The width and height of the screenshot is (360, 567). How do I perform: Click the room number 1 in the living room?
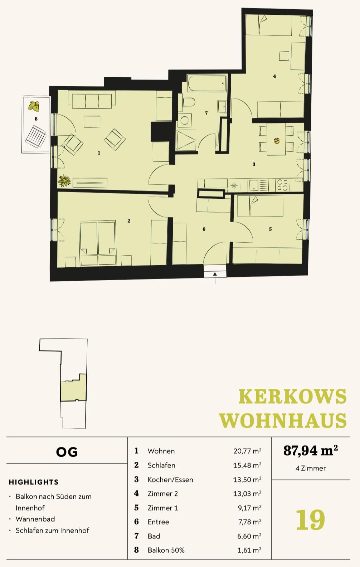[99, 153]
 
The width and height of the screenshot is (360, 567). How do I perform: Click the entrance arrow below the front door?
[215, 278]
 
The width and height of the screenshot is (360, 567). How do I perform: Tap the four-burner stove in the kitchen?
[282, 185]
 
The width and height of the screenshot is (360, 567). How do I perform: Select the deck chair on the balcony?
[35, 136]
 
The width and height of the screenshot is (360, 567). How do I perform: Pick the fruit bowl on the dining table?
[277, 141]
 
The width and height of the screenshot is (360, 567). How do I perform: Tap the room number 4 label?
[274, 76]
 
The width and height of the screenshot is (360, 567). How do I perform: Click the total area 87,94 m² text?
[310, 450]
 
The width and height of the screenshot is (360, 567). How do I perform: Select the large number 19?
[310, 520]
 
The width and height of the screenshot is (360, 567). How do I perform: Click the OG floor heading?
[67, 452]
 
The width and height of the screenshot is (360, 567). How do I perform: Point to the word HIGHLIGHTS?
[34, 482]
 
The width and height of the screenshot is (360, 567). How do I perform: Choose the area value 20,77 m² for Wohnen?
[247, 451]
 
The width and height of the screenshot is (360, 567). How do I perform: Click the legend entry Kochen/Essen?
[170, 479]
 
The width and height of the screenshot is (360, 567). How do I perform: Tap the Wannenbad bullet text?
[35, 519]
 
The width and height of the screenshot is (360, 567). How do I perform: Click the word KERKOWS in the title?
[292, 397]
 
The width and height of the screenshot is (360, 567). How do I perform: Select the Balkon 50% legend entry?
[166, 550]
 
